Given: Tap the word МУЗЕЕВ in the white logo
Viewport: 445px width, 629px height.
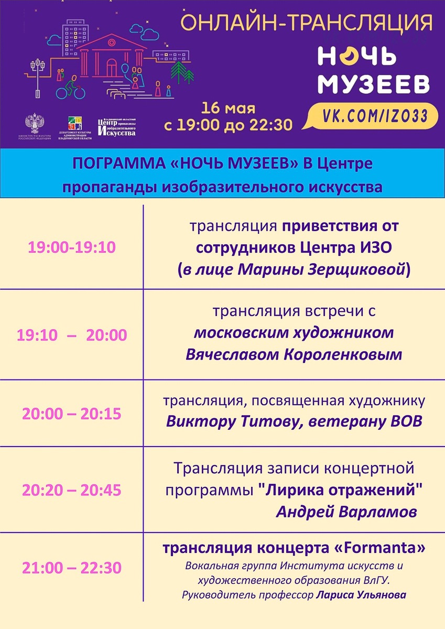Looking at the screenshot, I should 374,84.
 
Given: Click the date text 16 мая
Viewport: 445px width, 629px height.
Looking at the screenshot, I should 229,109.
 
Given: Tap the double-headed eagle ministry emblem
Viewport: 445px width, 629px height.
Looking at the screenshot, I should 35,124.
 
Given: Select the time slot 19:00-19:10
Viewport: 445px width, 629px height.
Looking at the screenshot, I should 72,247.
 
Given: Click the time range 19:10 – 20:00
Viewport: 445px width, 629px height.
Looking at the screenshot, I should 72,335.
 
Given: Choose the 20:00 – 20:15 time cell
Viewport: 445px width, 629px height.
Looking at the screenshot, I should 72,414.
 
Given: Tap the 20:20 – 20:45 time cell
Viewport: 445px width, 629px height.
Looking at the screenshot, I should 72,490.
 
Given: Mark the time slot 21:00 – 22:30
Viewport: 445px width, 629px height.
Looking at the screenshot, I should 72,567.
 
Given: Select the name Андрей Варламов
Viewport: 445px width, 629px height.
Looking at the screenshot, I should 346,512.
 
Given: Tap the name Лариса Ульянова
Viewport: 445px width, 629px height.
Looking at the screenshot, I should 361,595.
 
